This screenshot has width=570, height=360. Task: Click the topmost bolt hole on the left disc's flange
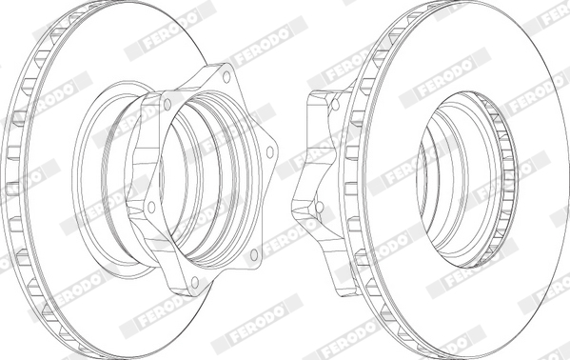[226, 77]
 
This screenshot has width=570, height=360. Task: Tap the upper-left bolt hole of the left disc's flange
[167, 105]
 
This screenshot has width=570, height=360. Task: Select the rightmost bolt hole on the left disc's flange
[269, 152]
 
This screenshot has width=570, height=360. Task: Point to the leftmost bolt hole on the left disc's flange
[151, 207]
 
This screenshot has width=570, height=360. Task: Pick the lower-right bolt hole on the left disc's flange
[254, 255]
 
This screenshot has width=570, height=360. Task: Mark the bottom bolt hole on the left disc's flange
[195, 282]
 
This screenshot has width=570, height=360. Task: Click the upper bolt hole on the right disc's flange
[336, 105]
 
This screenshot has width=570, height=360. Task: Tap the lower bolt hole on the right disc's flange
[319, 207]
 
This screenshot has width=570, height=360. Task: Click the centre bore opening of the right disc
[455, 180]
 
